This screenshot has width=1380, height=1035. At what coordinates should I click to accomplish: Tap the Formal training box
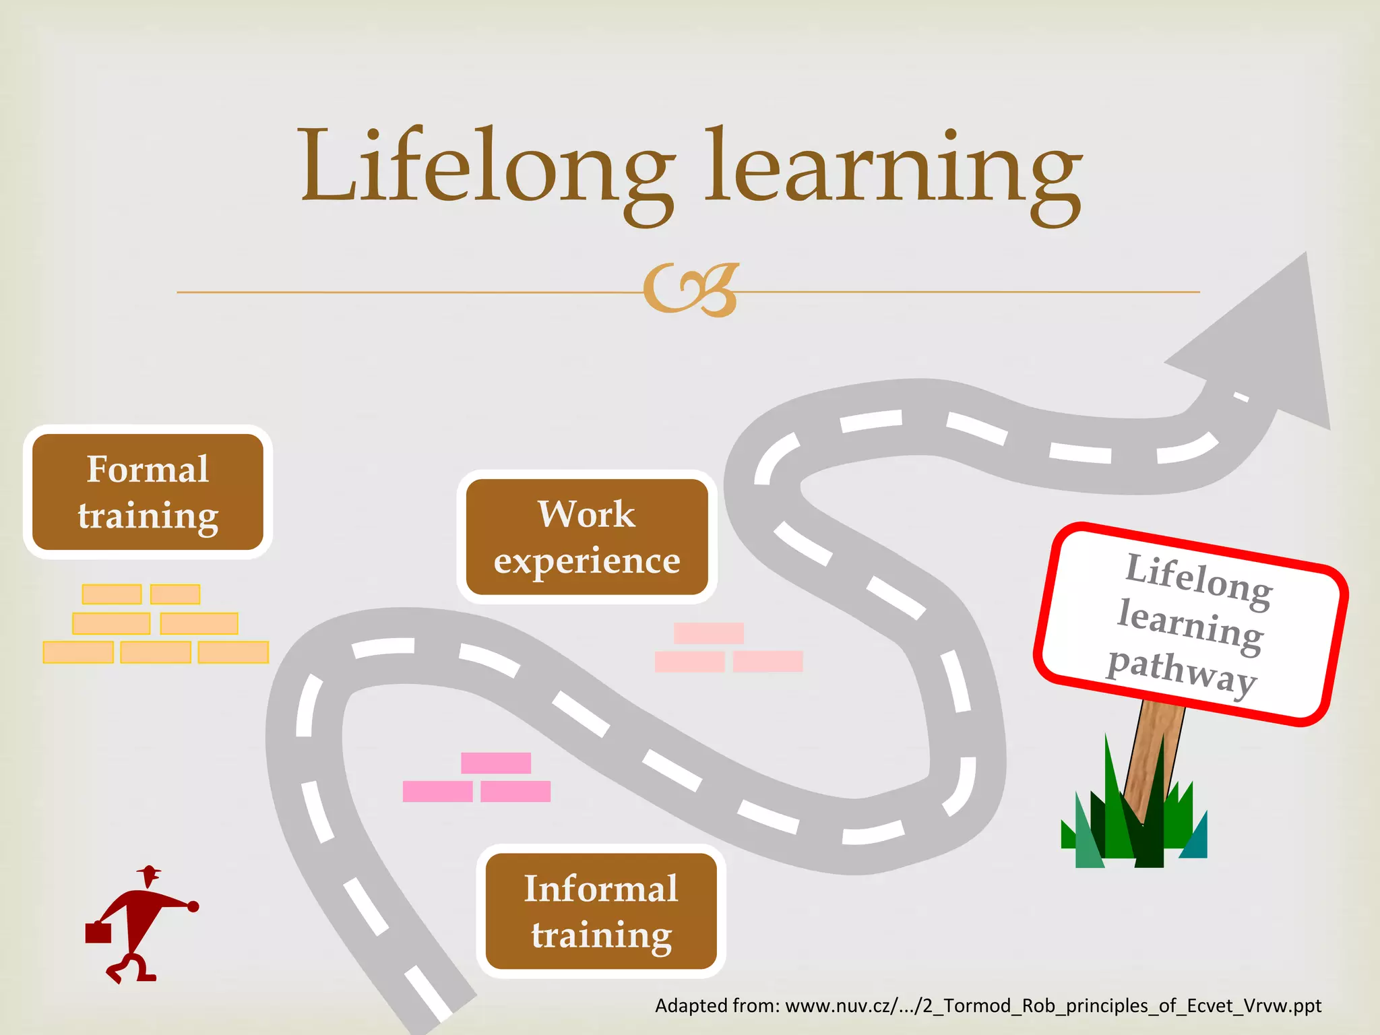[x=148, y=492]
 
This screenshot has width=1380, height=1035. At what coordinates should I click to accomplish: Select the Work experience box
[x=586, y=537]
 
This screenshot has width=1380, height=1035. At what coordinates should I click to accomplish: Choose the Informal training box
[x=600, y=911]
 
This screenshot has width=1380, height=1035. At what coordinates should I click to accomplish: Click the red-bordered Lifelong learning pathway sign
[x=1191, y=623]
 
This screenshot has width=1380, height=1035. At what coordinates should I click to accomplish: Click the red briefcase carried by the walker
[x=98, y=933]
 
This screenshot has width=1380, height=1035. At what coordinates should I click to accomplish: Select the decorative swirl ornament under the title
[x=690, y=290]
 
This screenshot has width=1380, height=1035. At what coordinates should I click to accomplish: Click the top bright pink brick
[x=496, y=763]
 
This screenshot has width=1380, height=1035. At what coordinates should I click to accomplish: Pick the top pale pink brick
[x=708, y=633]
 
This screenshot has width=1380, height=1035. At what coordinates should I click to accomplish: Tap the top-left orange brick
[x=112, y=594]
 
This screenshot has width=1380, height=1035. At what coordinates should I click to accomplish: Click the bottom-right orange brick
[x=233, y=652]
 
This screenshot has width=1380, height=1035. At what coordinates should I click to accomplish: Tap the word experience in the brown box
[x=587, y=561]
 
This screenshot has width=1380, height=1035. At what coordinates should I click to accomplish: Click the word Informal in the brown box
[x=601, y=888]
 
